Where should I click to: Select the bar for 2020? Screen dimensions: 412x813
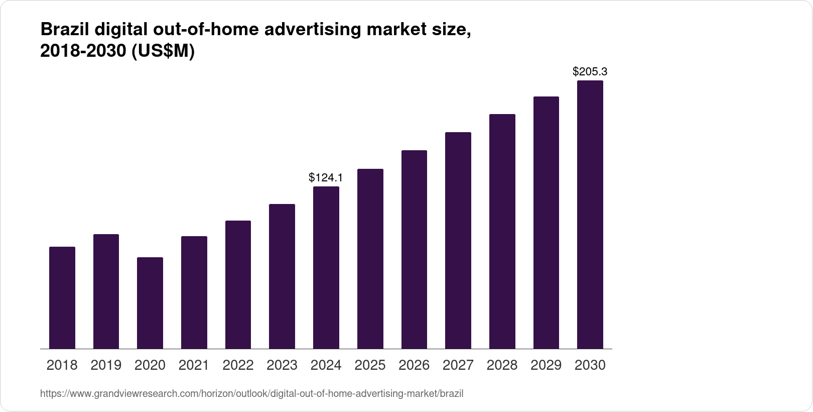click(150, 303)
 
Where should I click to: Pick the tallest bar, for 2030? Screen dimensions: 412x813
click(590, 215)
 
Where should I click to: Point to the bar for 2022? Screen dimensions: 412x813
click(238, 284)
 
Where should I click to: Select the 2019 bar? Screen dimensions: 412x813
click(106, 291)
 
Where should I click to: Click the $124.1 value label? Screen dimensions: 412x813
click(326, 177)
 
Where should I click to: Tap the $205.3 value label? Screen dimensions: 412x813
click(590, 72)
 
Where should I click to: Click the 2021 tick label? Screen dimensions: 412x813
click(194, 365)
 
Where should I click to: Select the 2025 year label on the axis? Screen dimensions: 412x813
click(370, 365)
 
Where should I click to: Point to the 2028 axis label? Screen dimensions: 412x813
click(502, 365)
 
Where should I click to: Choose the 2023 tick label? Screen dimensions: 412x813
click(282, 365)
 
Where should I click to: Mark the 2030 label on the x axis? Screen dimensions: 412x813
click(590, 365)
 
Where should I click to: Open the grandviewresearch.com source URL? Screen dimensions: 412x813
click(251, 394)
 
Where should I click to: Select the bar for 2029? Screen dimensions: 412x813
click(546, 223)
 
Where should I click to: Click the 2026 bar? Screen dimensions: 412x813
click(414, 249)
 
